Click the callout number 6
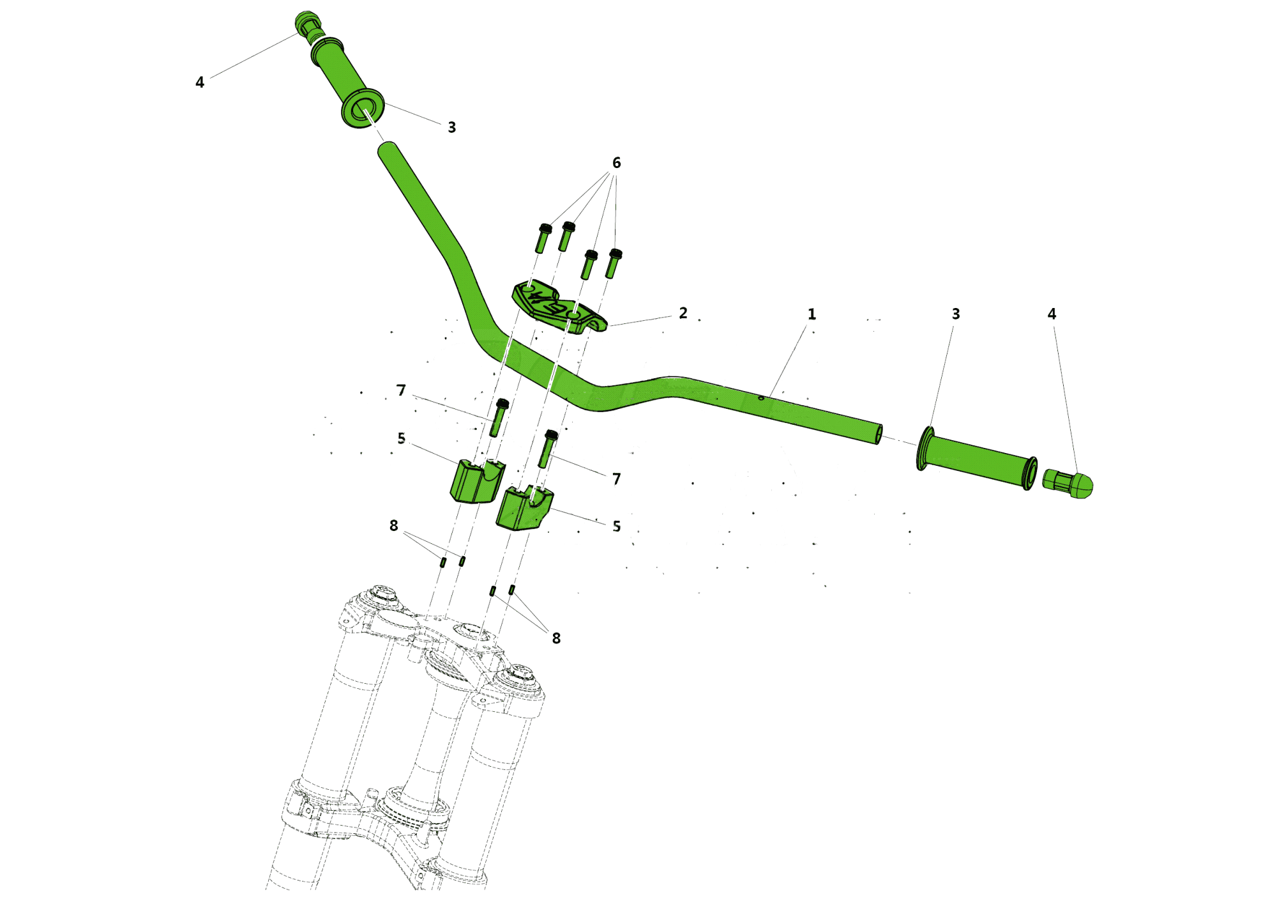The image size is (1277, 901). coord(616,163)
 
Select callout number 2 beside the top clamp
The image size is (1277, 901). coord(683,313)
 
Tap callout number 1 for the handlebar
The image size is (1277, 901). coord(812,314)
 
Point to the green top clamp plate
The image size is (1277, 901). coord(559,307)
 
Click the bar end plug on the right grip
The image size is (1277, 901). coord(1068,484)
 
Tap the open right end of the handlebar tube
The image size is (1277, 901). coord(879,435)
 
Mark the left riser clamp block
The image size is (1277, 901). coord(478,480)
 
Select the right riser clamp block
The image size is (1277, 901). coord(524,508)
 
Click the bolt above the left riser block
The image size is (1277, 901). coord(499,417)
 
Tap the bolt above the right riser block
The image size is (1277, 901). coord(547,449)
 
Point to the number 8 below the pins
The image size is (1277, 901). coord(556,638)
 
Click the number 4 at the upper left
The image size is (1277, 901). coord(200,82)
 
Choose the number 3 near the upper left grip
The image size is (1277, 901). coord(451,127)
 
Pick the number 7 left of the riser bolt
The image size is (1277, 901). coord(401,390)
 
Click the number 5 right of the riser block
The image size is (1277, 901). coord(616,526)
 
